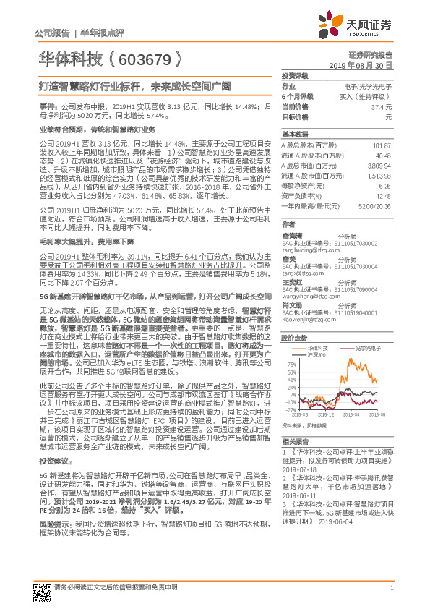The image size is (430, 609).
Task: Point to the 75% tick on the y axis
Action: click(x=291, y=365)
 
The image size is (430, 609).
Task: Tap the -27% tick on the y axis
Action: click(x=291, y=410)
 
